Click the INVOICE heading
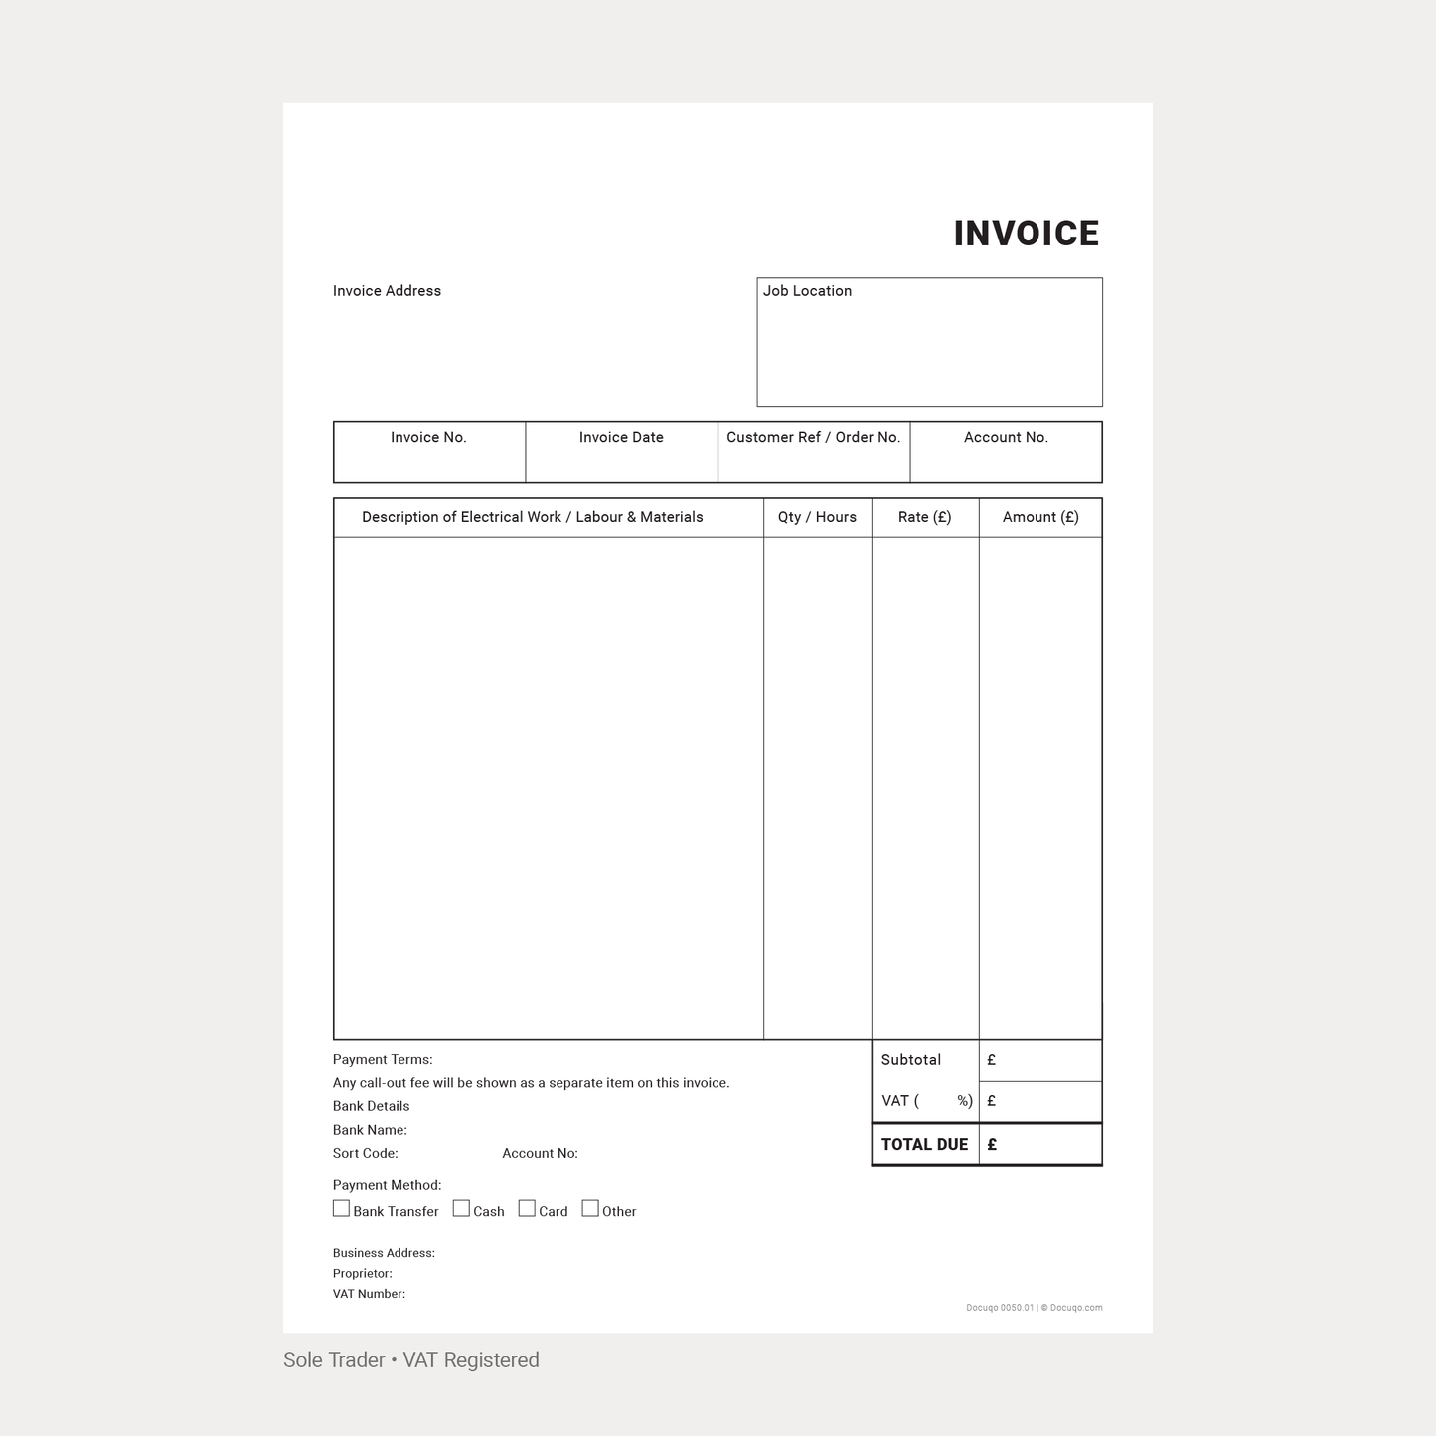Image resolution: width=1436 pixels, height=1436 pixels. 1026,234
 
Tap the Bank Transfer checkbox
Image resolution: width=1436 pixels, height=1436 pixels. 341,1209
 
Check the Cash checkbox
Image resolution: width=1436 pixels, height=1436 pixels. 461,1209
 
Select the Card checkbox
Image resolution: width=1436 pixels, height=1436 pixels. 527,1209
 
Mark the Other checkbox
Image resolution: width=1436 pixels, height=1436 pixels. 590,1209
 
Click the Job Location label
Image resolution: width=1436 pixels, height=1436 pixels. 807,291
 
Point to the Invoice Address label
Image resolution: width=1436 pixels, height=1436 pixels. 387,291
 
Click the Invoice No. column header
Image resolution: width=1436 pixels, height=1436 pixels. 428,437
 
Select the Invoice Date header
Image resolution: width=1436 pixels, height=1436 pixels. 621,437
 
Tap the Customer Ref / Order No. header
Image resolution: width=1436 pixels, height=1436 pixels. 813,437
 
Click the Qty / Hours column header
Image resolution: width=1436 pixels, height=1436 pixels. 817,517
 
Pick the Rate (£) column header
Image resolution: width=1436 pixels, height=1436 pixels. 924,517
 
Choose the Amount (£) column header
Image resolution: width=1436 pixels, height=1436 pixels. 1040,517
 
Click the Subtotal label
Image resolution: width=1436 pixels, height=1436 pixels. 910,1060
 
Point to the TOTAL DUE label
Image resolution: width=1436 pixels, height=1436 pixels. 924,1145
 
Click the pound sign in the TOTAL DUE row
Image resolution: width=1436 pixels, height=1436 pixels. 992,1145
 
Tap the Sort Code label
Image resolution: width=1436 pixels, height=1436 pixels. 365,1154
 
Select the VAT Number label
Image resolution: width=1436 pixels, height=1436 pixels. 369,1294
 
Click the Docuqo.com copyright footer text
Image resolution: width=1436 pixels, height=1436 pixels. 1034,1308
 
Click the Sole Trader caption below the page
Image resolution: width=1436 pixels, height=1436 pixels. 410,1360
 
